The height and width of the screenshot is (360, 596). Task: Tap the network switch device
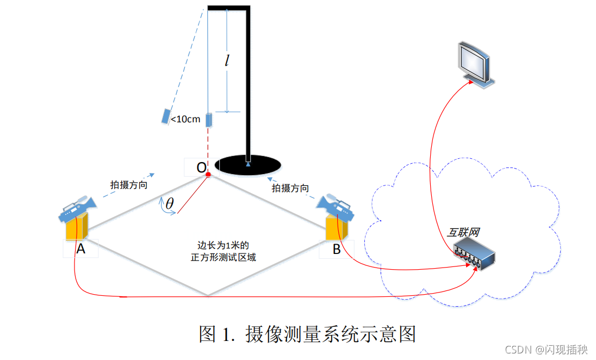pyautogui.click(x=474, y=256)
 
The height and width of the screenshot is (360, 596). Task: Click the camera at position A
pyautogui.click(x=77, y=209)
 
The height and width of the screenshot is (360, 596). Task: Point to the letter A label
pyautogui.click(x=80, y=249)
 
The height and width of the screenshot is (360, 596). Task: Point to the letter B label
pyautogui.click(x=337, y=250)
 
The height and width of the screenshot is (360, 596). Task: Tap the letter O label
pyautogui.click(x=201, y=167)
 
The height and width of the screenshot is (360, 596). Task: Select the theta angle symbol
pyautogui.click(x=170, y=203)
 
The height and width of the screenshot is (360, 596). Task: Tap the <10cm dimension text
pyautogui.click(x=185, y=119)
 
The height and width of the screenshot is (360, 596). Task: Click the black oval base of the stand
pyautogui.click(x=248, y=164)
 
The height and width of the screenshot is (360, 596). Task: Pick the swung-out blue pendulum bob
pyautogui.click(x=165, y=116)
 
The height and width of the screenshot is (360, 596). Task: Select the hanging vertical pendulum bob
pyautogui.click(x=208, y=119)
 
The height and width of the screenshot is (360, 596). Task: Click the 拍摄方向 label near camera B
pyautogui.click(x=290, y=188)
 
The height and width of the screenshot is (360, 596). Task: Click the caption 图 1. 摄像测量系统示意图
pyautogui.click(x=307, y=333)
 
